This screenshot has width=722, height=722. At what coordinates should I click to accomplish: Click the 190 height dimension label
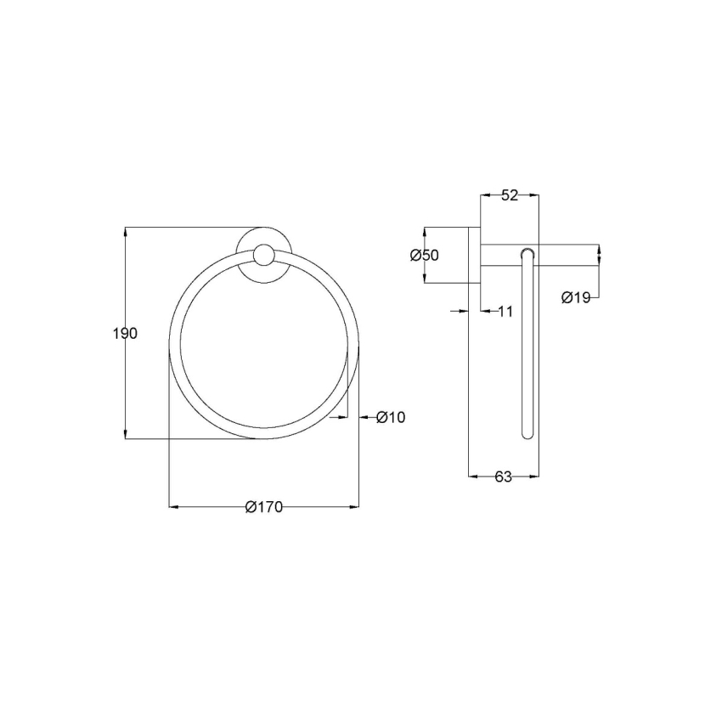point(125,334)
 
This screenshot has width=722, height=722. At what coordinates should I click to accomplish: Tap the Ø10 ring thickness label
point(391,417)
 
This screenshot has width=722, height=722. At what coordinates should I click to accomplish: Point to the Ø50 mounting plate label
point(424,256)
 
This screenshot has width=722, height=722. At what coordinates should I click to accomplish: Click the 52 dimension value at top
point(509,195)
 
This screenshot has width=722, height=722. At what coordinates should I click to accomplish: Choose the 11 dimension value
point(505,312)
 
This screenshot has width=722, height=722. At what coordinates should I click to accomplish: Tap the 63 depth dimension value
point(504,477)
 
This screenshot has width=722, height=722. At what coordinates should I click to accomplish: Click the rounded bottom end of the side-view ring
point(527,434)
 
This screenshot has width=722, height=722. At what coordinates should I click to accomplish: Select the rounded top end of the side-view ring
point(527,252)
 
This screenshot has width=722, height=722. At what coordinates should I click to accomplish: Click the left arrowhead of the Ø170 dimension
point(173,507)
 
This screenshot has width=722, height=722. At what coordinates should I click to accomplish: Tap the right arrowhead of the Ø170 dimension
point(354,507)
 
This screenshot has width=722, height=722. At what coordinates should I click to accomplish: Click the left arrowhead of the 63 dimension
point(473,477)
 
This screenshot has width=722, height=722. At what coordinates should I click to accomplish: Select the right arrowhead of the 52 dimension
point(535,195)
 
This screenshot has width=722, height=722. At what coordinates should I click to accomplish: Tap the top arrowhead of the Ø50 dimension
point(424,231)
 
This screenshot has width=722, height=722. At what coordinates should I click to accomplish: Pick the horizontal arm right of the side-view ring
point(569,255)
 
